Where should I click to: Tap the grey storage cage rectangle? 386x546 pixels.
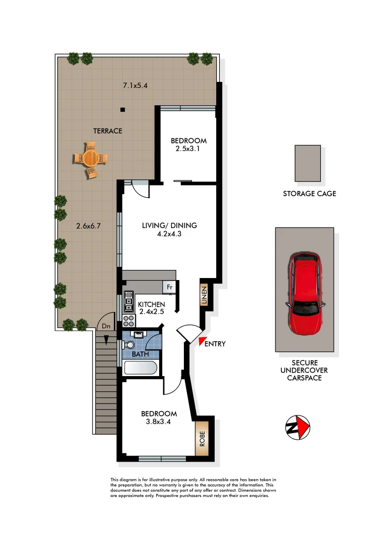(308, 163)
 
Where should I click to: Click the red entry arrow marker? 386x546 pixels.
(203, 343)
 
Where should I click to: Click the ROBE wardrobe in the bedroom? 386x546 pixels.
(202, 438)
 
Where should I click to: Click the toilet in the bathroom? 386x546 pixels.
(129, 344)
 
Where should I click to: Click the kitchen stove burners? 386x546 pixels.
(128, 320)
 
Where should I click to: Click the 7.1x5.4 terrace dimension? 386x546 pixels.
(135, 85)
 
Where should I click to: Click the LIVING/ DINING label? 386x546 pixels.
(169, 225)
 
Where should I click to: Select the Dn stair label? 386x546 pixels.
(106, 327)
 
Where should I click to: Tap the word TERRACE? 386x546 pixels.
(108, 131)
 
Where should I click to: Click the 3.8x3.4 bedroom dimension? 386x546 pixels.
(159, 422)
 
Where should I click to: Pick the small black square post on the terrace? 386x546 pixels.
(122, 109)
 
